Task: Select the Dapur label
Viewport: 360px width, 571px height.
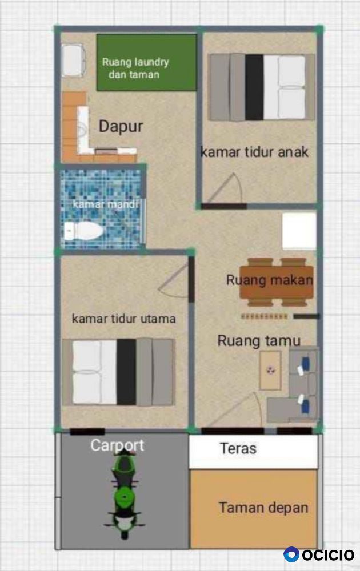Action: tap(121, 126)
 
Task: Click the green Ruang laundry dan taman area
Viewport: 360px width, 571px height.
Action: tap(146, 62)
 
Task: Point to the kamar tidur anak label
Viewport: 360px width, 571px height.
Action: tap(254, 152)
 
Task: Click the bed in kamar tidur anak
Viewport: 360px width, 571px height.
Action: tap(261, 87)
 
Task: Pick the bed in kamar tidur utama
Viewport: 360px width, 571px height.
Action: tap(118, 372)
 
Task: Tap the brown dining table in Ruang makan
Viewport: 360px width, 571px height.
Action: tap(276, 282)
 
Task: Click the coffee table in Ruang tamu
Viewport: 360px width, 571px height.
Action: tap(270, 371)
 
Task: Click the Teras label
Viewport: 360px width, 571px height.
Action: tap(238, 448)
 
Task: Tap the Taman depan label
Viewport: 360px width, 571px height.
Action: tap(263, 508)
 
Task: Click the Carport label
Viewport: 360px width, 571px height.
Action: tap(117, 445)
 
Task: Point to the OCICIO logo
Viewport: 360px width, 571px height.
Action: tap(319, 554)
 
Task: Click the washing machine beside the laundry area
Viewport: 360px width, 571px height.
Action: tap(73, 60)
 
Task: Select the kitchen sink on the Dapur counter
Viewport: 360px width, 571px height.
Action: tap(83, 129)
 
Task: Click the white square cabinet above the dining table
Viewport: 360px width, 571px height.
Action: tap(299, 231)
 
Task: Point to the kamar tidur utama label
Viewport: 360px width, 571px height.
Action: tap(123, 319)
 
